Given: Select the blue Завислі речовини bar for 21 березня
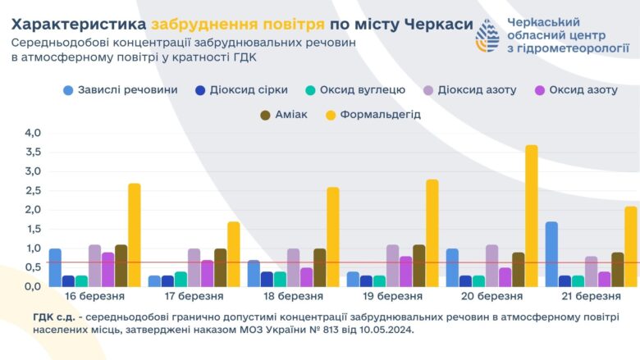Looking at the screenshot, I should point(551,254).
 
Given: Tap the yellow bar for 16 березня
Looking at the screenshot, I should point(134,235).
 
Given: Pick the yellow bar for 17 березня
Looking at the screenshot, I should point(233,254).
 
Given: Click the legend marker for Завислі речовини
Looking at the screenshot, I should point(69,89).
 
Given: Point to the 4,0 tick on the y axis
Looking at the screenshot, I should point(32,133).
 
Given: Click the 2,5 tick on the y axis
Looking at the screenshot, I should point(32,190).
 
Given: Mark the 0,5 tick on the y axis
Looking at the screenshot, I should point(32,267).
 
